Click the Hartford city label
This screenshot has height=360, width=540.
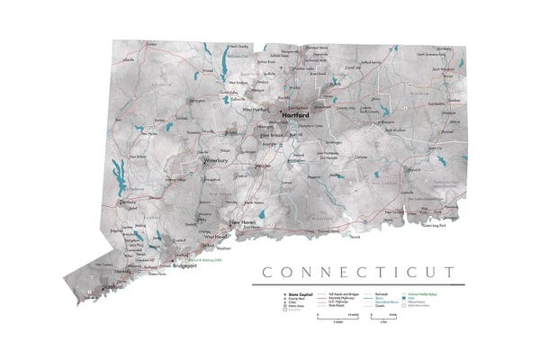point(296,116)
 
